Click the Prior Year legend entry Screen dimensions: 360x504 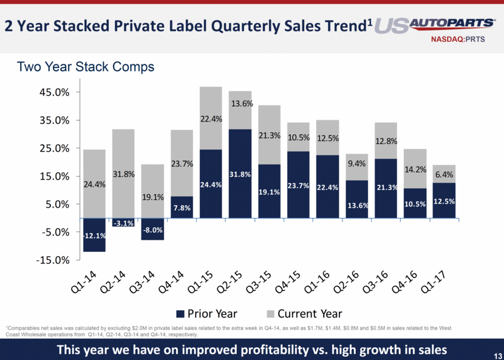(206, 314)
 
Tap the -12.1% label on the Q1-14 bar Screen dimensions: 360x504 (94, 236)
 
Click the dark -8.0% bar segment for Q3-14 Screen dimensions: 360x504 (152, 229)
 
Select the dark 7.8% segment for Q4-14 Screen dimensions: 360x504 (181, 207)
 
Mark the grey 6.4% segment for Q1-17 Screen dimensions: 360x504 (444, 174)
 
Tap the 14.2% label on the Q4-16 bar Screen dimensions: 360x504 (415, 170)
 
